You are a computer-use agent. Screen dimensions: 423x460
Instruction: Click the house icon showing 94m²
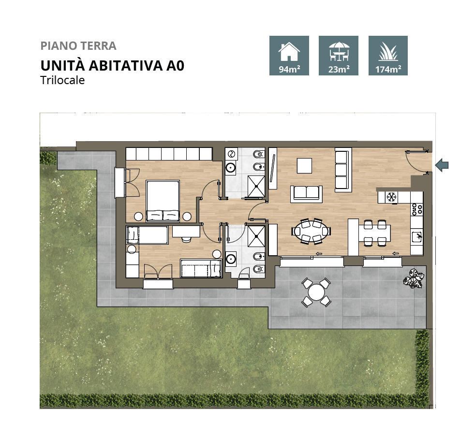click(289, 56)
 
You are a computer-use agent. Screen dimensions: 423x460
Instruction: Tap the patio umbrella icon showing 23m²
click(339, 56)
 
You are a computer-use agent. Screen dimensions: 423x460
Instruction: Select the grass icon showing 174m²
click(388, 56)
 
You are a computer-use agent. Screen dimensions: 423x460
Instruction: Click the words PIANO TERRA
click(78, 46)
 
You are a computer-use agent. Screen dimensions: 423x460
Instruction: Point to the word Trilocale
click(62, 80)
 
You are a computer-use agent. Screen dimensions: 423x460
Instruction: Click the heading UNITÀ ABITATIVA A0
click(112, 65)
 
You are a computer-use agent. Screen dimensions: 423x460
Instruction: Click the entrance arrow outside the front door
click(442, 165)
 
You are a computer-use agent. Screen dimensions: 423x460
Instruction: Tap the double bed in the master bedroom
click(163, 201)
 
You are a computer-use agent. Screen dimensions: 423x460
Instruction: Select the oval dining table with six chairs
click(312, 231)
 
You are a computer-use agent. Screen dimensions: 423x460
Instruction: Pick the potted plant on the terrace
click(414, 278)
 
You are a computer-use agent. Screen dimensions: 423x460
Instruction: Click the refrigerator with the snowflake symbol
click(391, 197)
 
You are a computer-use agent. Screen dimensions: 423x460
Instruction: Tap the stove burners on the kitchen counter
click(416, 209)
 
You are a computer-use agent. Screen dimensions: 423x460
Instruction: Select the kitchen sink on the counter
click(416, 236)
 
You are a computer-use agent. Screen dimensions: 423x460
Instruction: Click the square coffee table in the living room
click(305, 166)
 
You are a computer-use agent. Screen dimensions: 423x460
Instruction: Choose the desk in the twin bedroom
click(186, 232)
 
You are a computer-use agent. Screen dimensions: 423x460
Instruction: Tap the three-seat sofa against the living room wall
click(341, 170)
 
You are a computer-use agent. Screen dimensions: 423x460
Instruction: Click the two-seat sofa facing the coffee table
click(306, 193)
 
